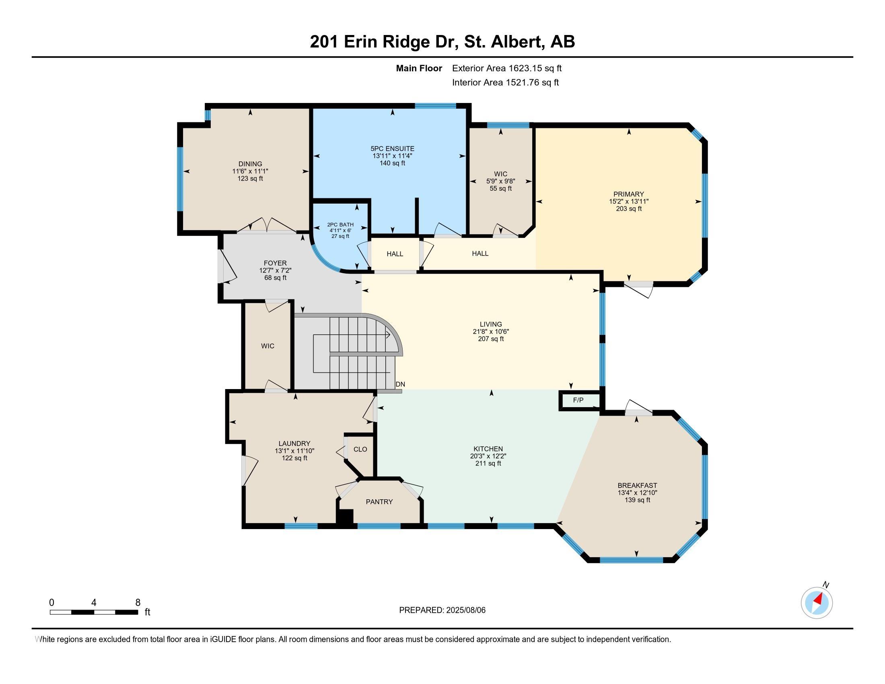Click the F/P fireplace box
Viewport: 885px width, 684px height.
pyautogui.click(x=579, y=400)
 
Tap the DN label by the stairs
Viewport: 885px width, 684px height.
pyautogui.click(x=400, y=384)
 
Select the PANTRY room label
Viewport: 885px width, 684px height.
pyautogui.click(x=379, y=502)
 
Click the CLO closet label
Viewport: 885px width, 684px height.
pyautogui.click(x=360, y=449)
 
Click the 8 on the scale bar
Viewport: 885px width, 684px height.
pyautogui.click(x=138, y=602)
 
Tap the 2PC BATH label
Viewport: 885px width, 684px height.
pyautogui.click(x=340, y=225)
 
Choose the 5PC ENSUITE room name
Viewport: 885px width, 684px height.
pyautogui.click(x=392, y=149)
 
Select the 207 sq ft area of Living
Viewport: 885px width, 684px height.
pyautogui.click(x=491, y=339)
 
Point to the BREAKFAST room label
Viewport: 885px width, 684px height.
pyautogui.click(x=638, y=486)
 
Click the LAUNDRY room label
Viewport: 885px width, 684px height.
pyautogui.click(x=294, y=444)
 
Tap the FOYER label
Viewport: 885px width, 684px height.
pyautogui.click(x=275, y=263)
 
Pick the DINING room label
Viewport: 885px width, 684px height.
pyautogui.click(x=251, y=164)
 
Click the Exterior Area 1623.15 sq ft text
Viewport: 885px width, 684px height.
pyautogui.click(x=507, y=68)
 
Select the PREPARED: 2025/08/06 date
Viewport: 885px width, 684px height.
pyautogui.click(x=442, y=610)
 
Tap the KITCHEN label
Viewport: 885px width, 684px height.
pyautogui.click(x=488, y=449)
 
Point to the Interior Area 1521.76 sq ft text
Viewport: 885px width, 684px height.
pyautogui.click(x=505, y=82)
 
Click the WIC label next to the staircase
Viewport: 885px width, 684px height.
pyautogui.click(x=268, y=346)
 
